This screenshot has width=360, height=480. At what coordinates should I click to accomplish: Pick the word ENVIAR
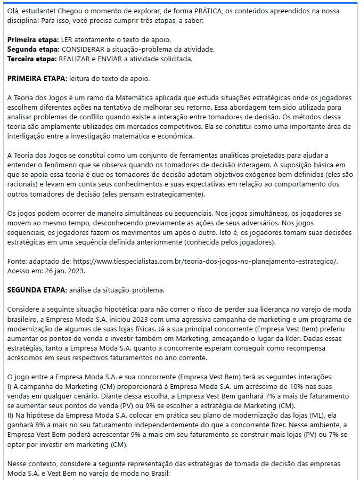(x=114, y=59)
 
